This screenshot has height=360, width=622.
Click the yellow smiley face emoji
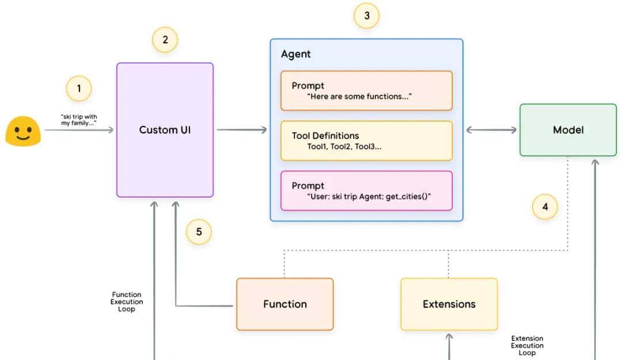[22, 131]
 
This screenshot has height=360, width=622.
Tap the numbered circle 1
[79, 89]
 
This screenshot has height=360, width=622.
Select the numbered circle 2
[165, 40]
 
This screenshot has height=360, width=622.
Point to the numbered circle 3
[366, 16]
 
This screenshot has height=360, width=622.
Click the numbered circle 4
[544, 206]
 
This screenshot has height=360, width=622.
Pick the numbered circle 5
[199, 232]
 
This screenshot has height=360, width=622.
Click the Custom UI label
[165, 130]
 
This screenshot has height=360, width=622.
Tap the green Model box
[567, 130]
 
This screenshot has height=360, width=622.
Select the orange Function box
[285, 304]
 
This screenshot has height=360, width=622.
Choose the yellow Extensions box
[449, 304]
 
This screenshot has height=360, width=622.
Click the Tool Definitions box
[366, 141]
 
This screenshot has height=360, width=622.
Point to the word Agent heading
[295, 54]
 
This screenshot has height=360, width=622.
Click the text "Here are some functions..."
[359, 96]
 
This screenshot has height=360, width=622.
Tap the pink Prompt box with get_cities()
[366, 191]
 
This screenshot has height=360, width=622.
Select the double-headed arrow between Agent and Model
[491, 130]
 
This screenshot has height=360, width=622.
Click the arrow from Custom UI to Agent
[242, 130]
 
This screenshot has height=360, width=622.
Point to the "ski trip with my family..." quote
[79, 120]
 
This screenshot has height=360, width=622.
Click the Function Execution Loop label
[127, 302]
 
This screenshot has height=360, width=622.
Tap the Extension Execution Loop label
[526, 346]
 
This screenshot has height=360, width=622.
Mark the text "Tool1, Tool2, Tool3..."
[344, 146]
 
